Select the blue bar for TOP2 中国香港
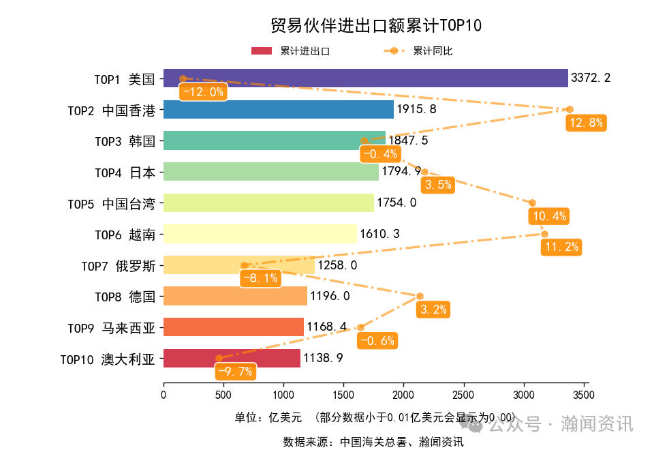(x=279, y=110)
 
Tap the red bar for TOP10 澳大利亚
(x=232, y=358)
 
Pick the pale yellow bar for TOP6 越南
(x=260, y=234)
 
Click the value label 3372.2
(x=591, y=78)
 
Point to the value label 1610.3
(x=379, y=234)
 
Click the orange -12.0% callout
(x=202, y=92)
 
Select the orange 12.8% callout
(x=586, y=123)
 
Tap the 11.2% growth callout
(x=561, y=247)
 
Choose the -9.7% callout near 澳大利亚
(x=236, y=372)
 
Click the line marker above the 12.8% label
(x=570, y=109)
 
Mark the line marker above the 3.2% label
(x=420, y=296)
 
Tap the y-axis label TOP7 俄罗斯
(x=118, y=265)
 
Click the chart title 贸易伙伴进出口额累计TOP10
(x=376, y=25)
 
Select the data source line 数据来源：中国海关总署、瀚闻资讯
(x=373, y=442)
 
